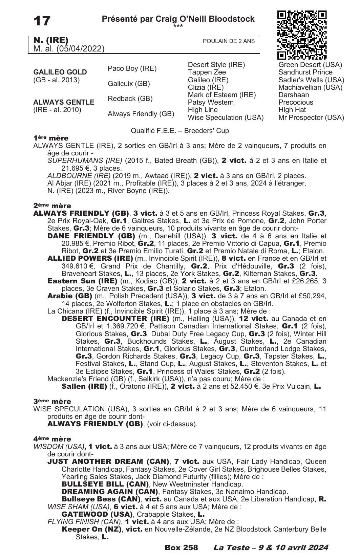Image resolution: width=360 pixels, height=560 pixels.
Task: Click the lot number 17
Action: click(42, 21)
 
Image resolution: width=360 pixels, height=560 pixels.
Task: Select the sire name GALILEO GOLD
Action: click(60, 72)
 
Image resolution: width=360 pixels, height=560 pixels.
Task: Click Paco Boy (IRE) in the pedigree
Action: click(132, 68)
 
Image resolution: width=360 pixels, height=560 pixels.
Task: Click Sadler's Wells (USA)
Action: click(311, 80)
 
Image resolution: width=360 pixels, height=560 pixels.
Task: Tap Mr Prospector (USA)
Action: click(311, 117)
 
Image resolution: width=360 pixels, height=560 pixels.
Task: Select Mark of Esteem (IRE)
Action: click(221, 95)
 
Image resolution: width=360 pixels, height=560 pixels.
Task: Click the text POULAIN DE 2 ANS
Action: click(229, 41)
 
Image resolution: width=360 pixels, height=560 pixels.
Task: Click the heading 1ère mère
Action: click(51, 138)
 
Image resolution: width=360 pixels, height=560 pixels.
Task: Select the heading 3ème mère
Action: click(52, 401)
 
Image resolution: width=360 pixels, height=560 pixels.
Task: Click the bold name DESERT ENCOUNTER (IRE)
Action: click(115, 319)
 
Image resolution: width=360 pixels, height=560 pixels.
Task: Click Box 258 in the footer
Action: click(181, 547)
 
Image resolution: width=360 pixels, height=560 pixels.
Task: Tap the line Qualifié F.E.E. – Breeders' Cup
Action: click(180, 131)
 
